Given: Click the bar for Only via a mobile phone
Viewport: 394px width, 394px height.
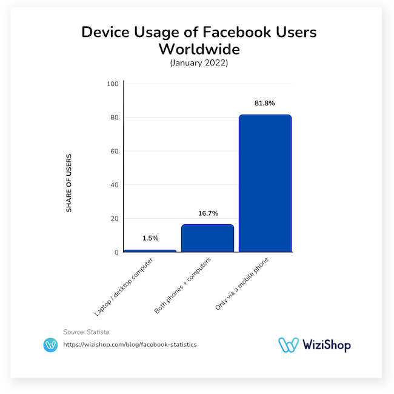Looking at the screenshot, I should (x=265, y=183).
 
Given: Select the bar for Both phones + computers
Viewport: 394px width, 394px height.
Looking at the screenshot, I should (x=207, y=238).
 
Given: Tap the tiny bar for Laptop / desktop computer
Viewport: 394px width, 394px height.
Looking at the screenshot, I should (x=150, y=250).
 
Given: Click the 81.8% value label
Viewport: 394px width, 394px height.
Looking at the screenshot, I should (x=265, y=104).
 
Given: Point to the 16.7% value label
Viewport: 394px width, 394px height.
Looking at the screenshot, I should (x=207, y=213).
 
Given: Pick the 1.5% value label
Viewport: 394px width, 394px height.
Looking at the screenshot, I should (x=150, y=239).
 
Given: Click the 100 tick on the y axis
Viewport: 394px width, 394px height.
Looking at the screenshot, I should (x=112, y=84).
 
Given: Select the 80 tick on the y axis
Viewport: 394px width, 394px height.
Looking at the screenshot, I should (x=114, y=118).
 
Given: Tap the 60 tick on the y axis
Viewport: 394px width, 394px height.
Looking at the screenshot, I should (x=114, y=151).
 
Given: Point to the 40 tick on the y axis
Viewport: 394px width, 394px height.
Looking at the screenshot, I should (x=114, y=185).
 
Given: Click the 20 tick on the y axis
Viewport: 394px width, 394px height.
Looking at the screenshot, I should (x=114, y=219).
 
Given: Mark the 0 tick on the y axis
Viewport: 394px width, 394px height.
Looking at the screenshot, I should (x=116, y=252).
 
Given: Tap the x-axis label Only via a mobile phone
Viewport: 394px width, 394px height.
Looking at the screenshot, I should (x=243, y=283).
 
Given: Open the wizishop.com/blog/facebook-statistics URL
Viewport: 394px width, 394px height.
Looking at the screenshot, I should (x=130, y=344).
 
